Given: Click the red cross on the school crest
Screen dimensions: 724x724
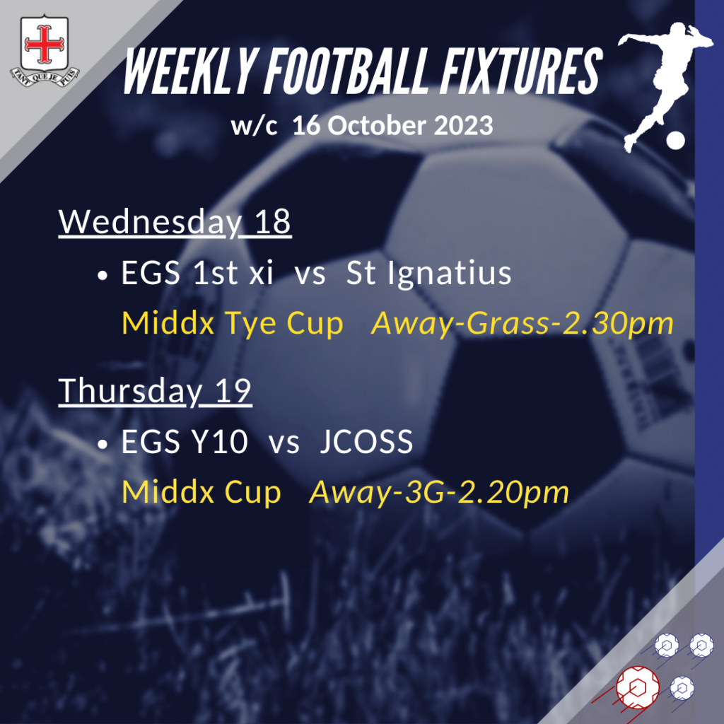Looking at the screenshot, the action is tap(44, 44).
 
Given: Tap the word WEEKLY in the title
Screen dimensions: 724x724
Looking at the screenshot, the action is tap(189, 71).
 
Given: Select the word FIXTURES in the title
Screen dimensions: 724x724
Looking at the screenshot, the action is tap(521, 71).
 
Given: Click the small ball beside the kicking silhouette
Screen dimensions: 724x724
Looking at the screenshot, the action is tap(675, 141).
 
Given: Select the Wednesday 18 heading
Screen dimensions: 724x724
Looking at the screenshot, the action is tap(175, 222).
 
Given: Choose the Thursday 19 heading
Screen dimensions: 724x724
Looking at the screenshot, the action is tap(155, 391).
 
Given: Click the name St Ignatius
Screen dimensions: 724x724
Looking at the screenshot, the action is tap(428, 274).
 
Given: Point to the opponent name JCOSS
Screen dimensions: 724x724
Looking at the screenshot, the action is tap(366, 442).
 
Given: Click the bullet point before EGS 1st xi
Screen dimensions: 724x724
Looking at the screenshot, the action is tap(103, 276).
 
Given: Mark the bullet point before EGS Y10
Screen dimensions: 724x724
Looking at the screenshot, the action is tap(103, 444).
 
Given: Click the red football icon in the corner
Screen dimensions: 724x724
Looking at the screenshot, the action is tap(638, 687).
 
